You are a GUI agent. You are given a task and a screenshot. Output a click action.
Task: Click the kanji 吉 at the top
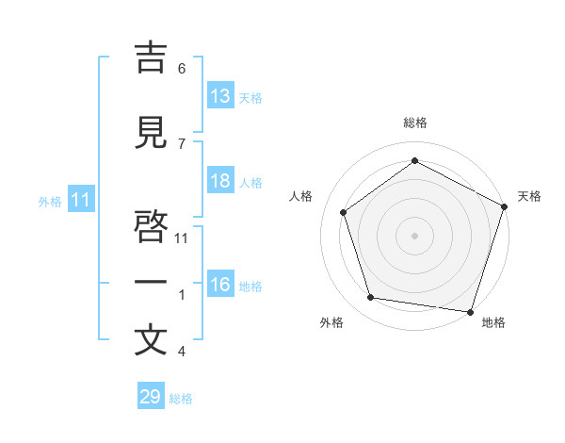151,58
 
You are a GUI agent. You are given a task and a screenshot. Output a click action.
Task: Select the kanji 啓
151,228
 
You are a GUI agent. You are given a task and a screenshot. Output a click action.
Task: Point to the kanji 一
151,282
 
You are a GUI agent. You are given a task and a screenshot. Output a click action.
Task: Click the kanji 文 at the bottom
151,339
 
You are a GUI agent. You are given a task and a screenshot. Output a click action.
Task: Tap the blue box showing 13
220,97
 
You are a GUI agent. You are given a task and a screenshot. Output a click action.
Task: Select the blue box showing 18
220,182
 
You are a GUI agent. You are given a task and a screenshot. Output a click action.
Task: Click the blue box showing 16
220,286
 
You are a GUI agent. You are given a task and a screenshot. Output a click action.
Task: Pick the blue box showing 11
81,201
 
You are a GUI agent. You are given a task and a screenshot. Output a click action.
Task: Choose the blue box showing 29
151,397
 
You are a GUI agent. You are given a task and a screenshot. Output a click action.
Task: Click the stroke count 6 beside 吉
182,69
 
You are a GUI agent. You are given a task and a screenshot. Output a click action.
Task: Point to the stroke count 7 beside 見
182,143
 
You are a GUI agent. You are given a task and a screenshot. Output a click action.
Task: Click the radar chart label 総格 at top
415,123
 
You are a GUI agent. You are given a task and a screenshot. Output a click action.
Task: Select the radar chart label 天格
529,196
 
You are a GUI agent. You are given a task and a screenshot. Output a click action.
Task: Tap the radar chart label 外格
331,322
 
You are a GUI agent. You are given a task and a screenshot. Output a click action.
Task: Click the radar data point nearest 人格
344,212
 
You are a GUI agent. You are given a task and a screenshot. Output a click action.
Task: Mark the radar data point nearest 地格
470,311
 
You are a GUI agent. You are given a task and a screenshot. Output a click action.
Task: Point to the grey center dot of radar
415,235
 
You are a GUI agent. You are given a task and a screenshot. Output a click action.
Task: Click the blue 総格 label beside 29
181,399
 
